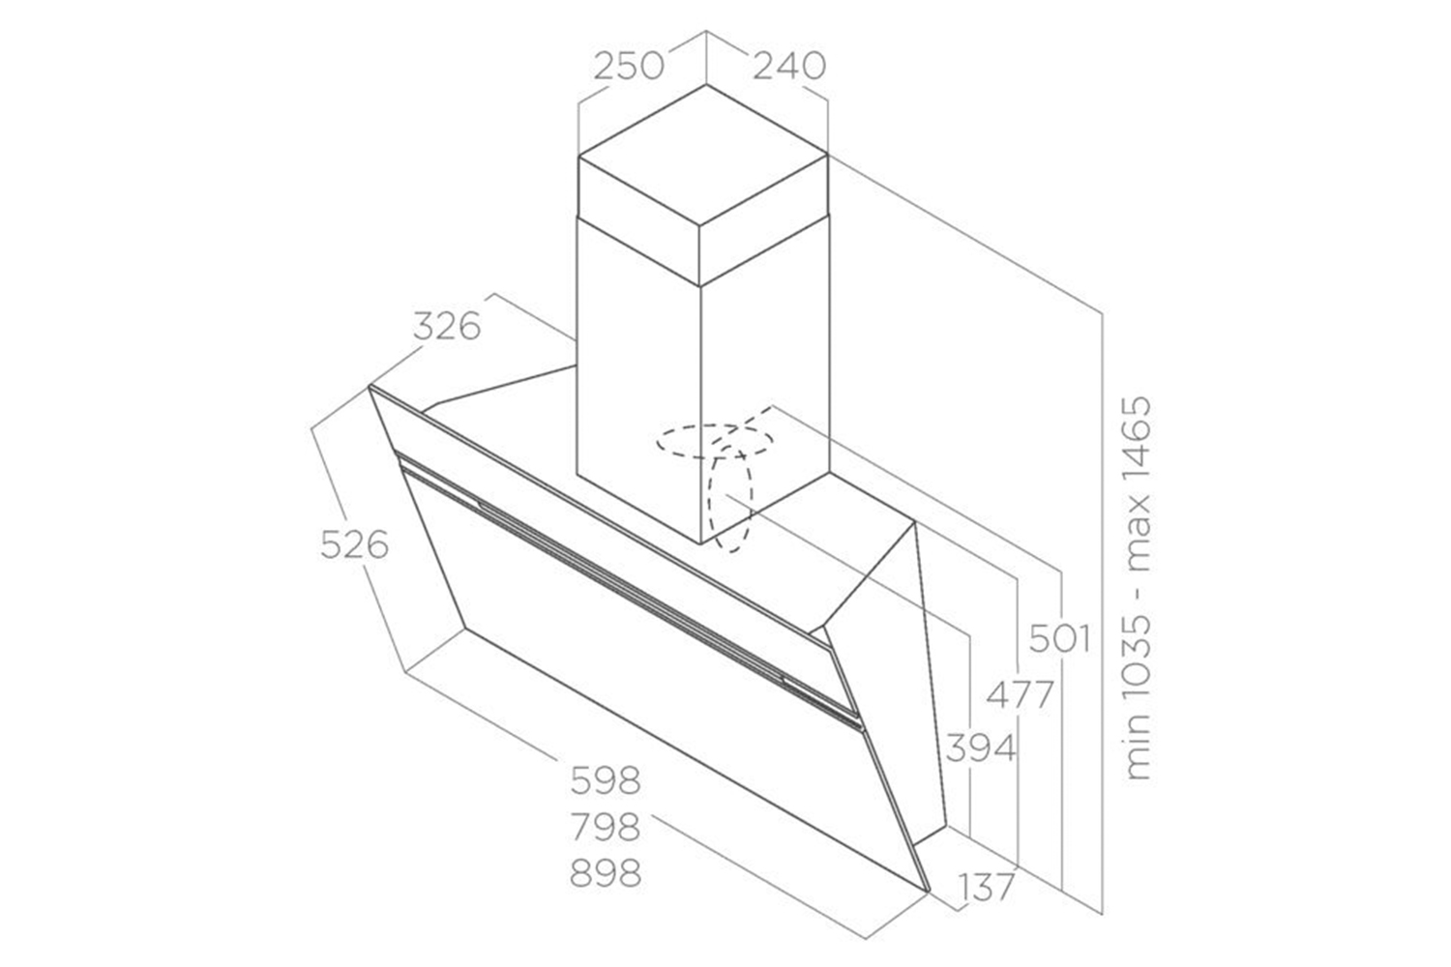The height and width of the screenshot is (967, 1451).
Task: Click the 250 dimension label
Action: (x=629, y=66)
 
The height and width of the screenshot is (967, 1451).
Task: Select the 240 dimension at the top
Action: (x=789, y=66)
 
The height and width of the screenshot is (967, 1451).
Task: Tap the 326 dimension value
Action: (x=446, y=327)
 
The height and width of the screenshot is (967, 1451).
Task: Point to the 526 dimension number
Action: (x=354, y=545)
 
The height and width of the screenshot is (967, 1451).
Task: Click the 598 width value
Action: (x=606, y=778)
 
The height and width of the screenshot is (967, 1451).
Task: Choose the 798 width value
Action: (x=606, y=827)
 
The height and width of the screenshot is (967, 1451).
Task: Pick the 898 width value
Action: (x=606, y=874)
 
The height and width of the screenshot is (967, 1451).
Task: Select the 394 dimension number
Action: (x=980, y=747)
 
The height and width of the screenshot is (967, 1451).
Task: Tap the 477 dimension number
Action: (x=1019, y=694)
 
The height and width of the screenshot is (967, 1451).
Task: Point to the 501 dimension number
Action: (x=1058, y=638)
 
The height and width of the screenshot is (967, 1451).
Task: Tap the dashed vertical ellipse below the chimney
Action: (x=730, y=503)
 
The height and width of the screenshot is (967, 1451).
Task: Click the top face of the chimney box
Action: (x=703, y=155)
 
